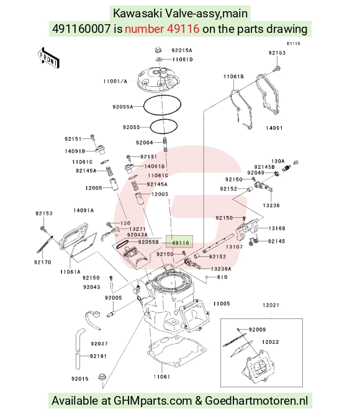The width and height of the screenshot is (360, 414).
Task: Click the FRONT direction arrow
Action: click(48, 58)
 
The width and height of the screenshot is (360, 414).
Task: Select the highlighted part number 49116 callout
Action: click(179, 241)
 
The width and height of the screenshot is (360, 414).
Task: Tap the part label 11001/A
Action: click(115, 81)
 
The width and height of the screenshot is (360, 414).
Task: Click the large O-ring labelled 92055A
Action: click(162, 105)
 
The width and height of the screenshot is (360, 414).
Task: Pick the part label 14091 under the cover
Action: click(274, 128)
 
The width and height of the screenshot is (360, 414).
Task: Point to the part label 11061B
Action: click(233, 76)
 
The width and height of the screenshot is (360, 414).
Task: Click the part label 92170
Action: click(43, 262)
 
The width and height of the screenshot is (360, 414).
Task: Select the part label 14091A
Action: click(83, 210)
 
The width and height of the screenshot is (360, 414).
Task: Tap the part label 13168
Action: click(277, 228)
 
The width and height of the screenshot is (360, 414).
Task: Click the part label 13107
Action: click(234, 246)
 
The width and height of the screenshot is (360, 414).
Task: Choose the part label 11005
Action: click(222, 304)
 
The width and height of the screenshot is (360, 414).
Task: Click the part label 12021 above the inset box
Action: click(271, 305)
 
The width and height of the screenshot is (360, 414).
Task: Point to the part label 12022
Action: click(271, 342)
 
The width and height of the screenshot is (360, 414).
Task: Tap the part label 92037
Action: click(99, 343)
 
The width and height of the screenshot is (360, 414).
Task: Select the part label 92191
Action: click(99, 356)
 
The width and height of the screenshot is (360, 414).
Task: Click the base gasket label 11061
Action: click(162, 377)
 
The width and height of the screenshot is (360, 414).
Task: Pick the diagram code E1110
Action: click(294, 43)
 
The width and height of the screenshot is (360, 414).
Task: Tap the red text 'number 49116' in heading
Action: click(162, 29)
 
